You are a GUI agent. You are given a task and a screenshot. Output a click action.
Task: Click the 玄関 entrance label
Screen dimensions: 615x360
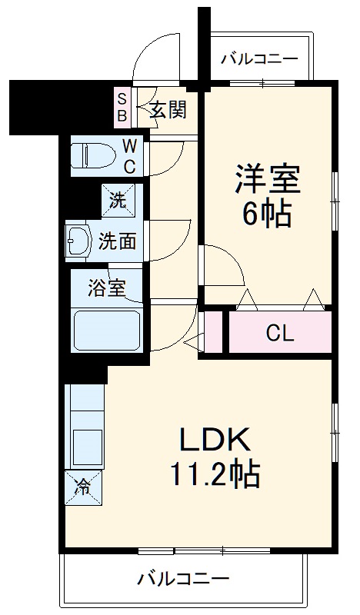(167, 110)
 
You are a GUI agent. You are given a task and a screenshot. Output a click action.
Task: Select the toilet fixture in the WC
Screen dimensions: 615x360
(92, 156)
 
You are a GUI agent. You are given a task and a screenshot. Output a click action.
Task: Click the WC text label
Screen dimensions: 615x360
(129, 156)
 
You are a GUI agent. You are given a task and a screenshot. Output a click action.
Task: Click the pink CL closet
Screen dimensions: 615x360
(279, 333)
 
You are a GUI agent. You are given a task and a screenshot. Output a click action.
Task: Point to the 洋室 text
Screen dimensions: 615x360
(267, 179)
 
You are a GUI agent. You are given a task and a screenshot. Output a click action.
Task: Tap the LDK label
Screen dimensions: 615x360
(215, 440)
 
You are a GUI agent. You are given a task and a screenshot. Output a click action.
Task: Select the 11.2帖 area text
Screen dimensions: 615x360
(215, 474)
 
